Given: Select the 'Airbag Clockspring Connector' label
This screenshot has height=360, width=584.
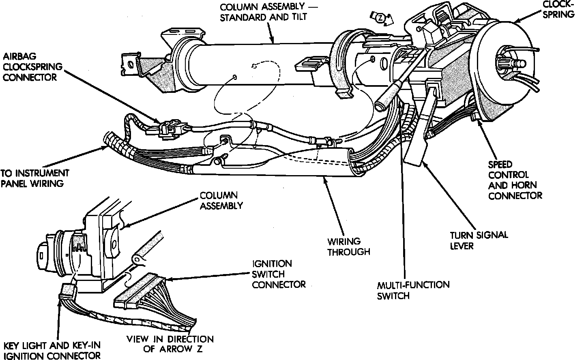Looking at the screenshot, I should pos(30,66).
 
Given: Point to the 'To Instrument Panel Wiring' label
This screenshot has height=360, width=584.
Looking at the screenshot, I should pos(34,178).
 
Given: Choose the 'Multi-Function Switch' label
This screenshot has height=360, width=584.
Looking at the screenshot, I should pos(413,290).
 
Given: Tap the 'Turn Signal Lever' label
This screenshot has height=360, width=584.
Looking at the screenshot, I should pos(479,240).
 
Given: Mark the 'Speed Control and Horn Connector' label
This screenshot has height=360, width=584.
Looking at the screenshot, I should pos(515,180).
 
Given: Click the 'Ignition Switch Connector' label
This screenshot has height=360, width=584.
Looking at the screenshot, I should pos(278,274).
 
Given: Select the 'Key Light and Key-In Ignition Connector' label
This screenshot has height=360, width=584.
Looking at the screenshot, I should pos(52,351).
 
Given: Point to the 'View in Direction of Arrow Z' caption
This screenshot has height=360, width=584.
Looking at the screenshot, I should pos(170,344).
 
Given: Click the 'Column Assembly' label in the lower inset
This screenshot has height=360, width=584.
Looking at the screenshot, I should pos(221,201).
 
